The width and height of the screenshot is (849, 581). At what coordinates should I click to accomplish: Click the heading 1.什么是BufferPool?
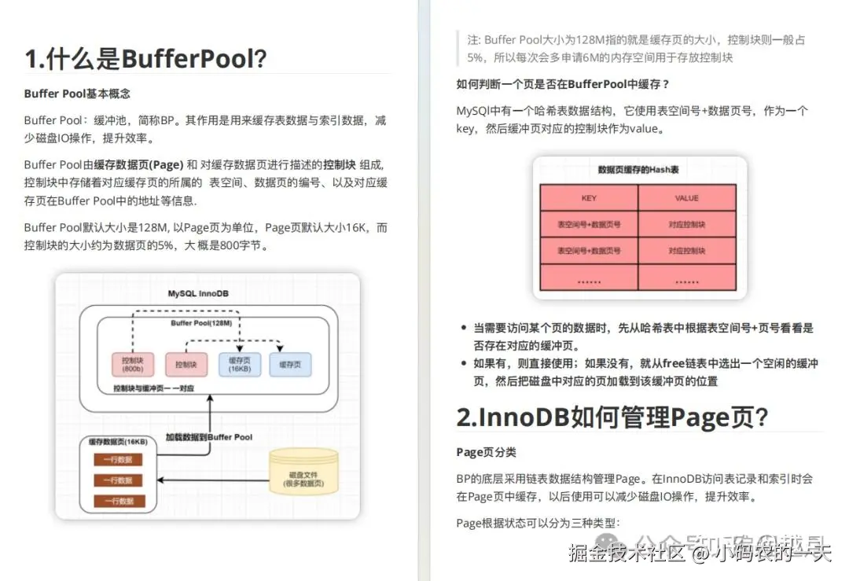(145, 58)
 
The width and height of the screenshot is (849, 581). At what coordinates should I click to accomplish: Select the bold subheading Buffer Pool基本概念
(77, 94)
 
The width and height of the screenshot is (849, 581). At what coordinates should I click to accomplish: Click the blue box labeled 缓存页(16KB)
(239, 364)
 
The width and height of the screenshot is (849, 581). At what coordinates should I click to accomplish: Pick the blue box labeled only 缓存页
(290, 364)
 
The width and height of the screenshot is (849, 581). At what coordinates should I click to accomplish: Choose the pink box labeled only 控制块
(186, 364)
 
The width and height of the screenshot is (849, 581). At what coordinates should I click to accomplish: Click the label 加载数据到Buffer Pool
(208, 436)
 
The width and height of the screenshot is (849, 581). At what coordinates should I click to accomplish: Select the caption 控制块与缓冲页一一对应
(153, 388)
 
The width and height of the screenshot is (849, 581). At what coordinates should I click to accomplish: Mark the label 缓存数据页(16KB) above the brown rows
(117, 443)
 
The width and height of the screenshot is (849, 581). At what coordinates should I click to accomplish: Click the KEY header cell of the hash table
(589, 198)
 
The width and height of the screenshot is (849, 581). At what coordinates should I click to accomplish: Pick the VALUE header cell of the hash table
(686, 198)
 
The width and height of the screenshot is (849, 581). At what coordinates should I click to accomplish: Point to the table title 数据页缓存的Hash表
(638, 170)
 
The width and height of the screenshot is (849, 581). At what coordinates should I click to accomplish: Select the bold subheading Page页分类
(486, 452)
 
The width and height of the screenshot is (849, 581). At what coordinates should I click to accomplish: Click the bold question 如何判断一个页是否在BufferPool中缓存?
(563, 84)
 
